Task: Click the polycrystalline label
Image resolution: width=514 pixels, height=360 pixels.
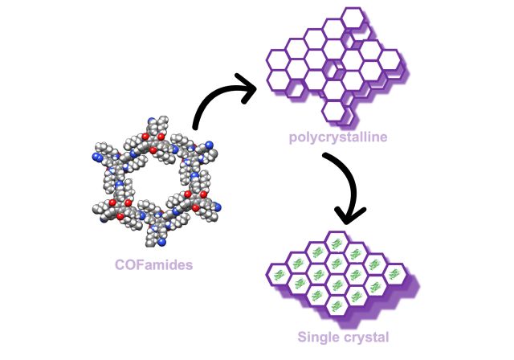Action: click(x=338, y=137)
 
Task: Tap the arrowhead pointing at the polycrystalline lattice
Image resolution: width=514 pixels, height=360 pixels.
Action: click(x=245, y=87)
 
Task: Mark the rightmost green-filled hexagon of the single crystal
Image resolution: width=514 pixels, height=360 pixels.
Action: click(x=395, y=273)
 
